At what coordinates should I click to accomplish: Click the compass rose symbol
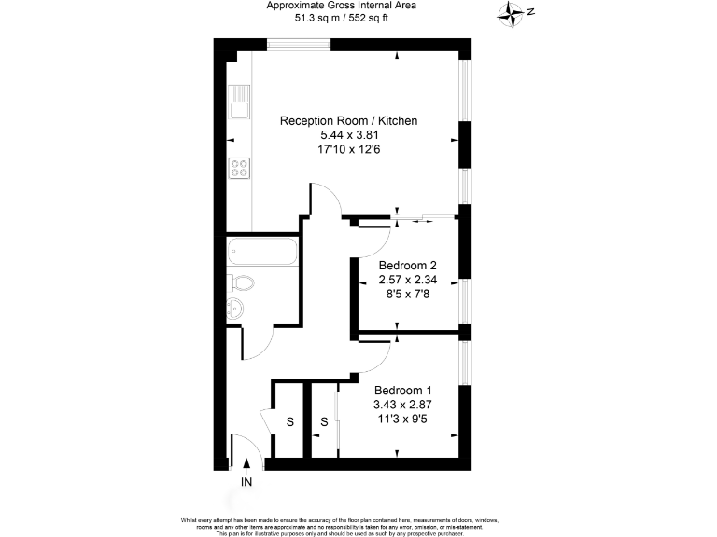click(x=510, y=12)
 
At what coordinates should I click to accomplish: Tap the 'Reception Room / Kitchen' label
click(x=348, y=121)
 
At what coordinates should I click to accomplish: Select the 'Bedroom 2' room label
click(x=407, y=265)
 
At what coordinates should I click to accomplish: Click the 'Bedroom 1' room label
click(x=403, y=390)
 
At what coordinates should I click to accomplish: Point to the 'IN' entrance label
click(x=246, y=482)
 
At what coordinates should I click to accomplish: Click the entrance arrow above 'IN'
click(x=246, y=463)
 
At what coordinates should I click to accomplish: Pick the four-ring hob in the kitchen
click(x=240, y=169)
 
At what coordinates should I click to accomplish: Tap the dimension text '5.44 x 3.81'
click(x=348, y=136)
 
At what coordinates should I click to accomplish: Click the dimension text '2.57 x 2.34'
click(x=407, y=279)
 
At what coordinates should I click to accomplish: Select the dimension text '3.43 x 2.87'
click(x=403, y=404)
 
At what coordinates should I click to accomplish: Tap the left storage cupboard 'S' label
click(x=289, y=422)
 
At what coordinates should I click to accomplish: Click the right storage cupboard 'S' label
click(x=324, y=422)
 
